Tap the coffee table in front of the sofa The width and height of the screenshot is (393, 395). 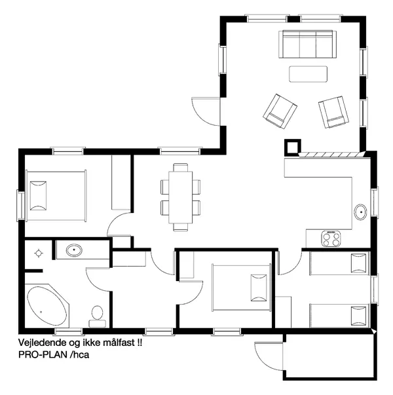pyautogui.click(x=308, y=73)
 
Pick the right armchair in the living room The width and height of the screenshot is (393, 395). pyautogui.click(x=333, y=111)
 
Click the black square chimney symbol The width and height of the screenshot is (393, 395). pyautogui.click(x=291, y=146)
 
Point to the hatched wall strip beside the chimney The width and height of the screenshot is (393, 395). pyautogui.click(x=331, y=155)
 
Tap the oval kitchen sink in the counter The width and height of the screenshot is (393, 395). pyautogui.click(x=360, y=212)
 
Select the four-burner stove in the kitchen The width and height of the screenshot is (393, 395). pyautogui.click(x=332, y=239)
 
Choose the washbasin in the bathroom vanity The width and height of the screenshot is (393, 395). pyautogui.click(x=73, y=250)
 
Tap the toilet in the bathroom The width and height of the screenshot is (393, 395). pyautogui.click(x=98, y=315)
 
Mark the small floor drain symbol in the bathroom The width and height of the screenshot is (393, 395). pyautogui.click(x=39, y=252)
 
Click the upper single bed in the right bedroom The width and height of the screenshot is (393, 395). pyautogui.click(x=339, y=263)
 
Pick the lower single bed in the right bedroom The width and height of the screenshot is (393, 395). pyautogui.click(x=339, y=315)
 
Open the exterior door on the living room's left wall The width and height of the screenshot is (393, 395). pyautogui.click(x=206, y=110)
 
